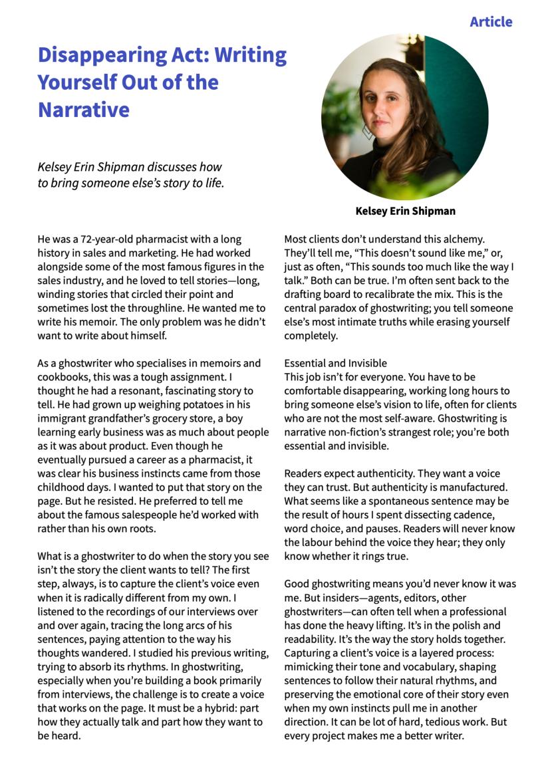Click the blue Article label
[x=491, y=22]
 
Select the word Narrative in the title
[x=83, y=109]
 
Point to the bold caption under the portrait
[x=405, y=211]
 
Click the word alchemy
[x=464, y=239]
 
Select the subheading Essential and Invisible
[x=335, y=363]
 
